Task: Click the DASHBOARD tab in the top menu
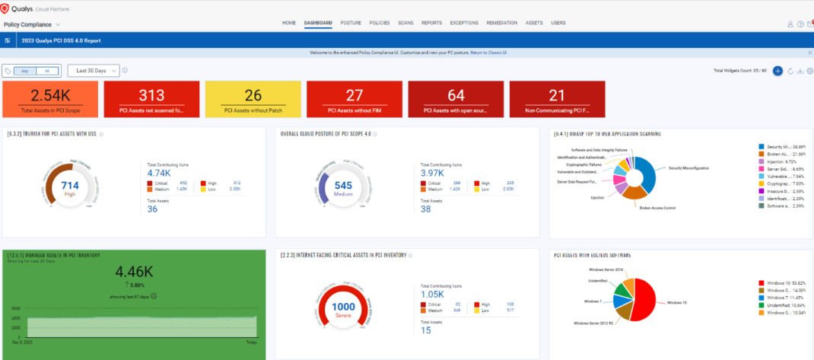[x=318, y=23]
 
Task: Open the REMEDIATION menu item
[x=502, y=23]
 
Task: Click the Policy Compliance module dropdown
[x=33, y=24]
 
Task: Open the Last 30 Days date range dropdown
[x=94, y=71]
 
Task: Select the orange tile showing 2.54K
[x=50, y=100]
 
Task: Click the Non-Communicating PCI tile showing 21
[x=557, y=100]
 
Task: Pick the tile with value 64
[x=456, y=100]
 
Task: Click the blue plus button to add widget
[x=777, y=71]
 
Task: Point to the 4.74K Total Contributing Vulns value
[x=157, y=172]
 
